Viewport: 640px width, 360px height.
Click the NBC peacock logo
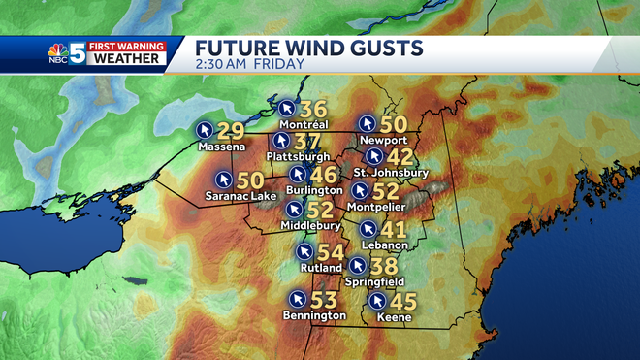[x=59, y=53]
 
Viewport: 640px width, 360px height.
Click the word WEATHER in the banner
[x=128, y=58]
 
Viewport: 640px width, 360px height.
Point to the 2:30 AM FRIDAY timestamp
[x=250, y=65]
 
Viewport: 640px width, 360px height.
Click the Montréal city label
[x=304, y=125]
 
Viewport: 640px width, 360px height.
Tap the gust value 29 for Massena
[x=230, y=129]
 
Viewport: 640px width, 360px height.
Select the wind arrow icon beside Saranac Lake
[x=223, y=180]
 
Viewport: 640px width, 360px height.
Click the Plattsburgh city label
[x=298, y=156]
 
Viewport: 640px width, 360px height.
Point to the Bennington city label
[x=313, y=315]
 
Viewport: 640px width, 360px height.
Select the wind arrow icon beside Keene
[x=377, y=300]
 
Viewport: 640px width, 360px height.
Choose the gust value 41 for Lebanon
[x=393, y=230]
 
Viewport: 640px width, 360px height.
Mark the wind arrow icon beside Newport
[x=367, y=123]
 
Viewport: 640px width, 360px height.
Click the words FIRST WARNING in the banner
[x=128, y=44]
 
